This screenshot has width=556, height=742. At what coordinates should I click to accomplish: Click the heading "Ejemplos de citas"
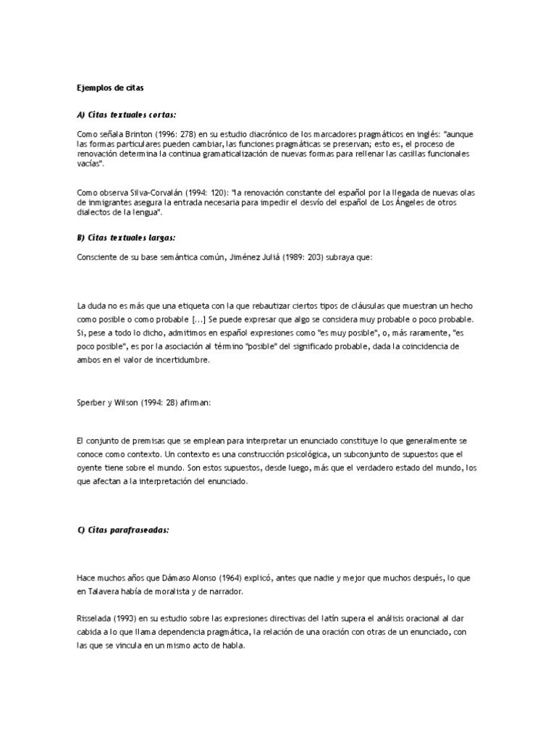click(110, 88)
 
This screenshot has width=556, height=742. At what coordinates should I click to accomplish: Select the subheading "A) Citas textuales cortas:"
click(126, 114)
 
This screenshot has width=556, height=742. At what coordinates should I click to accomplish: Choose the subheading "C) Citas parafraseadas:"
click(122, 530)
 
